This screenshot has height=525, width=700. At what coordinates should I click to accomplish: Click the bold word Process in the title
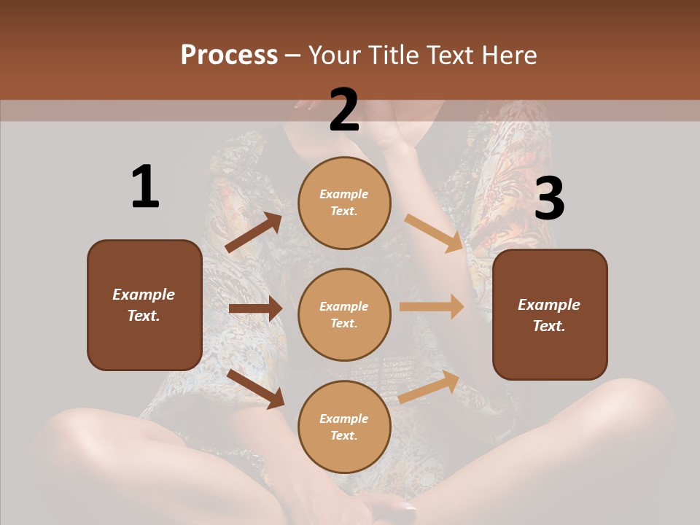[229, 55]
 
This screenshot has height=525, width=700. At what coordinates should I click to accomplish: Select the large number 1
[145, 187]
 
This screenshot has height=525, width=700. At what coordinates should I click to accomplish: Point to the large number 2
[344, 110]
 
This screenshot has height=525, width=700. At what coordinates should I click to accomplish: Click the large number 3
[549, 198]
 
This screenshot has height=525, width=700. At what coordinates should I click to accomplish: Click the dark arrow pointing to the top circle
[254, 233]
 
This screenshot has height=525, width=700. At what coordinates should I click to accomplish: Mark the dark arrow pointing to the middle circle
[255, 308]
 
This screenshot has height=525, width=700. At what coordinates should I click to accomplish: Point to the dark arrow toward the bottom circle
[256, 389]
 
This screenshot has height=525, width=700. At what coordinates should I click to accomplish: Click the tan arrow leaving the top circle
[434, 233]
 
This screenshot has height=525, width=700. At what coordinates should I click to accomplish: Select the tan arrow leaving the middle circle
[432, 306]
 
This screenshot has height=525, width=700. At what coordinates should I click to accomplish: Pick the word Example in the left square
[144, 295]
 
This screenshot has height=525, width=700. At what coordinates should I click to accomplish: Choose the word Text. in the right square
[549, 326]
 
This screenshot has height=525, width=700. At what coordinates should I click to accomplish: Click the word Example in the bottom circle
[344, 419]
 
